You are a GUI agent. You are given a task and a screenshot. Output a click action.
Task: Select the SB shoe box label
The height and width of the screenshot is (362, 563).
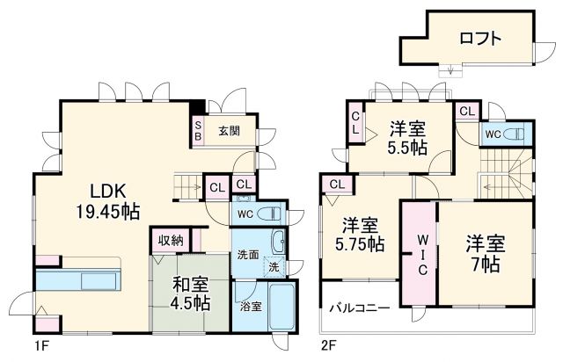click(198, 131)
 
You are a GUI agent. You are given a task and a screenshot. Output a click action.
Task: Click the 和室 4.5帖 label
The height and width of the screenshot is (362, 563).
click(190, 294)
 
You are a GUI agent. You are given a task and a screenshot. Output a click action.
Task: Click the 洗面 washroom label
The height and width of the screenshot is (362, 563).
click(247, 255)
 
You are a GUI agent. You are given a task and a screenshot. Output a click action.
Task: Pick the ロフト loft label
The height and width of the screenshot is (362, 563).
click(479, 39)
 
